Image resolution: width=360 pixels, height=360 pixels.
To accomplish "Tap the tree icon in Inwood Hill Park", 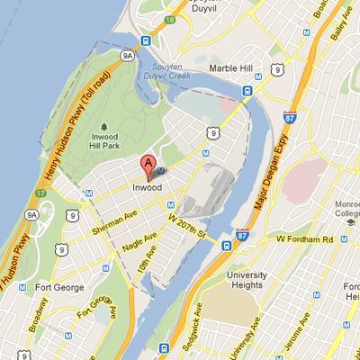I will click(105, 125).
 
